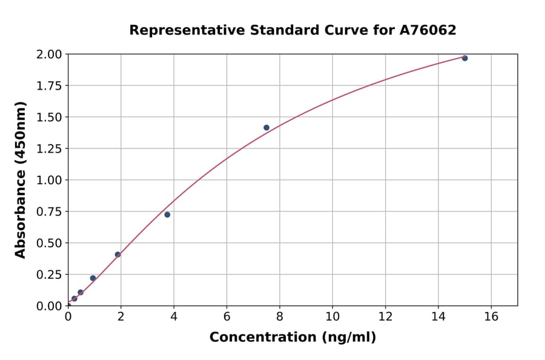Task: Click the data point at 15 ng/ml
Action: [x=464, y=58]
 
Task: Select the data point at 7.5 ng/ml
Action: [x=266, y=128]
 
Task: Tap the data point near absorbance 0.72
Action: [x=167, y=215]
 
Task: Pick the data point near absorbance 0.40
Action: [x=117, y=255]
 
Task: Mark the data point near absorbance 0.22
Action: [x=93, y=278]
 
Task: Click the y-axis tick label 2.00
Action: [x=48, y=55]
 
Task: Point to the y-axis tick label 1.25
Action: [x=48, y=148]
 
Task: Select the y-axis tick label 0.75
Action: [x=48, y=212]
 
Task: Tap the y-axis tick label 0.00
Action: [x=48, y=306]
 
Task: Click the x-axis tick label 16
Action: [x=491, y=316]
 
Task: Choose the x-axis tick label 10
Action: [x=332, y=316]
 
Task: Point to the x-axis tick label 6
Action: [x=226, y=316]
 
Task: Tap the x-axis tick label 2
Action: [x=121, y=316]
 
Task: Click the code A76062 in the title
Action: [x=428, y=30]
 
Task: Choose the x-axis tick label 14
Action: [x=438, y=316]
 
